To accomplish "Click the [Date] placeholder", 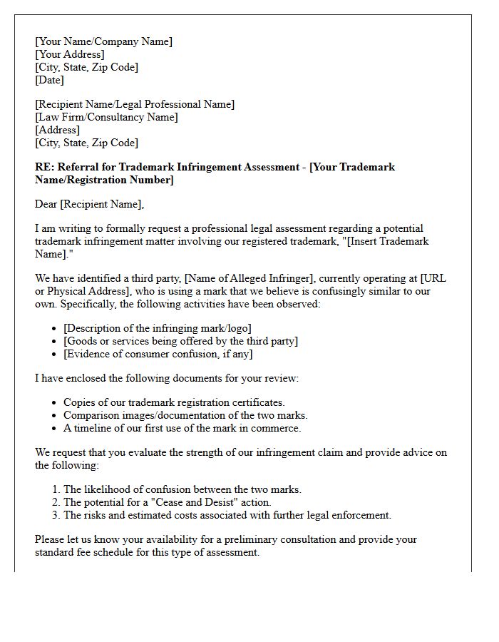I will (49, 80).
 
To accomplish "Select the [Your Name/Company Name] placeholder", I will (103, 41).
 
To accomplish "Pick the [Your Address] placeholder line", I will (69, 54).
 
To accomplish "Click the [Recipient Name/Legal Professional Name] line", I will (134, 104).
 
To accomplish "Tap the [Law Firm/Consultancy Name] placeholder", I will (106, 117).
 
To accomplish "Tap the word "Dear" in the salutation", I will (46, 204).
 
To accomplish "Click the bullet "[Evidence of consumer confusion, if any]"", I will (158, 354).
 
